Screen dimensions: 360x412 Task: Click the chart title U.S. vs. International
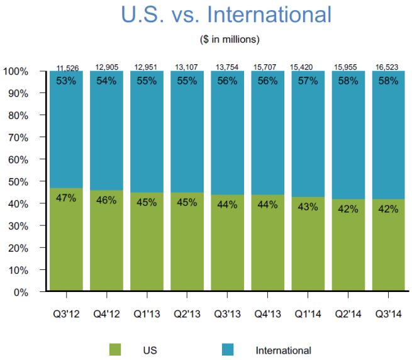[226, 15]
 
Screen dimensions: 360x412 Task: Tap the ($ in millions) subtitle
[226, 39]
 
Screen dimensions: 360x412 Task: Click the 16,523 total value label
[389, 67]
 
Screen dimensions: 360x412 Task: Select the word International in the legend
[283, 350]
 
